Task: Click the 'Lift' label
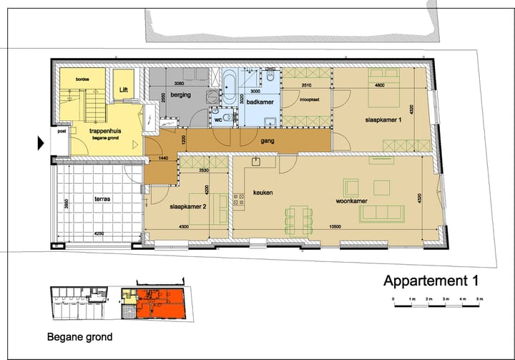pos(124,90)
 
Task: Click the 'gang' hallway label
pos(268,141)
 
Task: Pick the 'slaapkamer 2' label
pos(187,206)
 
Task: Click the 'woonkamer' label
pos(352,201)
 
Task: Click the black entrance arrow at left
pos(41,143)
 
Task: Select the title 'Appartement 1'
pos(430,280)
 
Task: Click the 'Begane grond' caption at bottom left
pos(79,336)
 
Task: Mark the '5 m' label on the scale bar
pos(480,298)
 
